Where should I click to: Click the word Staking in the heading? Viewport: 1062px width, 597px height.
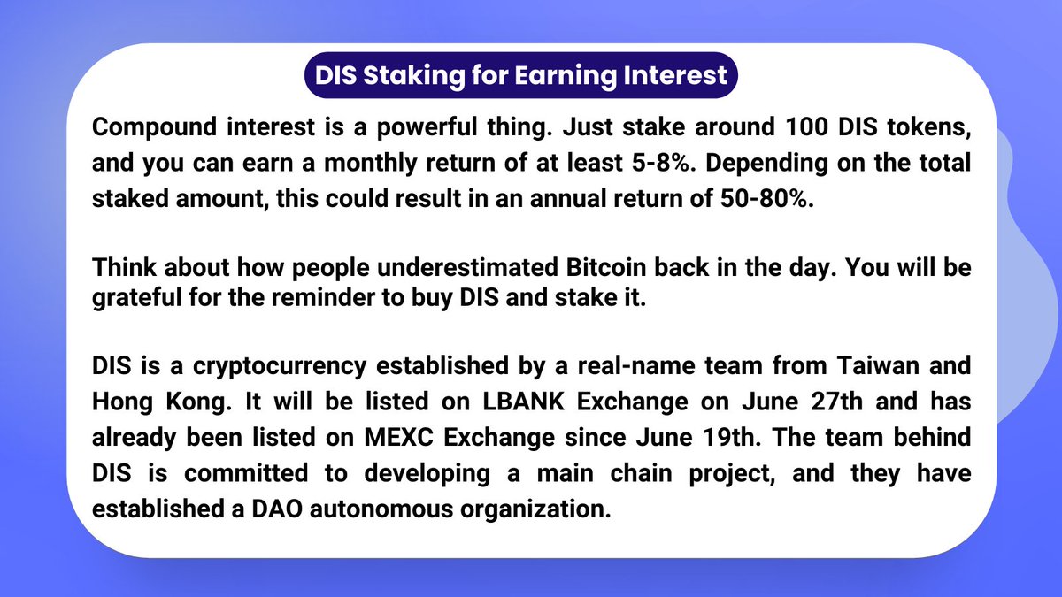coord(414,76)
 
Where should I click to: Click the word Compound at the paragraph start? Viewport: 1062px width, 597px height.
coord(154,128)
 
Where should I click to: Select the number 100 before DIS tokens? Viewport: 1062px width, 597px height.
coord(806,127)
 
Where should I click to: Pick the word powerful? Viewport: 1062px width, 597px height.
coord(427,128)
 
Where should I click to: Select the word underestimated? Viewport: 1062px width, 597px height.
coord(467,268)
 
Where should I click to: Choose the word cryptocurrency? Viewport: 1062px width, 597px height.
coord(280,367)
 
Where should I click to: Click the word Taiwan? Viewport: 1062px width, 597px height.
coord(879,366)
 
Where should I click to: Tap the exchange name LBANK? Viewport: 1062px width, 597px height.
coord(523,402)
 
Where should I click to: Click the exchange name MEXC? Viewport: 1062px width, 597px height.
coord(399,437)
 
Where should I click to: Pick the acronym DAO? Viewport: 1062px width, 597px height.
coord(277,509)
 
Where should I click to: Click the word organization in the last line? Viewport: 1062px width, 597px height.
coord(535,510)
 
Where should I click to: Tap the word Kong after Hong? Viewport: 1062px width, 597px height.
coord(198,402)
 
